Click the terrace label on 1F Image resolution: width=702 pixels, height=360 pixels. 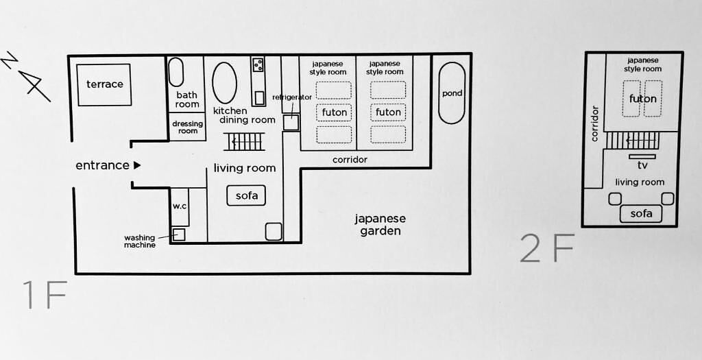(104, 84)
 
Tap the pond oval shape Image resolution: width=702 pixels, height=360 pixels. (451, 93)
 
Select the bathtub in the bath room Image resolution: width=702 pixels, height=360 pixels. (175, 71)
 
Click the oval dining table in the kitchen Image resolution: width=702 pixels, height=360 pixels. (224, 83)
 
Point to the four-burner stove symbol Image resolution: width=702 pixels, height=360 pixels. (258, 65)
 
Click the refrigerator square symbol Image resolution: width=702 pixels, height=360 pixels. (291, 122)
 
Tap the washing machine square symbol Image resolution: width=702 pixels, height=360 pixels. (179, 235)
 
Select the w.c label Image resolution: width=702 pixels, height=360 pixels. (179, 206)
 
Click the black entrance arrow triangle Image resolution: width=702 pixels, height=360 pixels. (137, 165)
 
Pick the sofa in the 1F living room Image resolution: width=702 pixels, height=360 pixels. (246, 195)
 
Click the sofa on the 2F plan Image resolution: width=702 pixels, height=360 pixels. (641, 213)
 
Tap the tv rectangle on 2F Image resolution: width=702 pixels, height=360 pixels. (642, 156)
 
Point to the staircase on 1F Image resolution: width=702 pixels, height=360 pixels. (245, 142)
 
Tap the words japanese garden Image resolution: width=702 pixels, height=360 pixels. (380, 225)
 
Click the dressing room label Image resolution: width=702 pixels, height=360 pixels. (188, 127)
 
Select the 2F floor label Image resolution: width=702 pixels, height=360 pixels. (546, 249)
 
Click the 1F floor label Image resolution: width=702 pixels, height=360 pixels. (45, 296)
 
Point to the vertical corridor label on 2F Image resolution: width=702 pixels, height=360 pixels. (594, 123)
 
